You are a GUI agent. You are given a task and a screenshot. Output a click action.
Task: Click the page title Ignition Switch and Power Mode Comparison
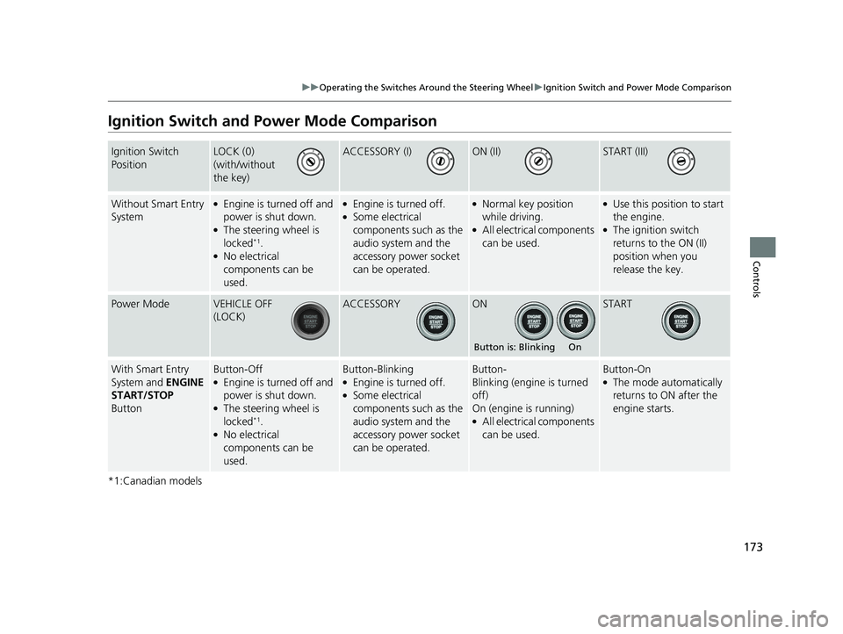point(271,121)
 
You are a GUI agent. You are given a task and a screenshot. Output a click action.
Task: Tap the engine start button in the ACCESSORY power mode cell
point(434,321)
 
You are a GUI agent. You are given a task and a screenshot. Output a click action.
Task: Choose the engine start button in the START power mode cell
point(681,321)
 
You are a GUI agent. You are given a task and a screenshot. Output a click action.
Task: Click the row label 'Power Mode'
point(140,304)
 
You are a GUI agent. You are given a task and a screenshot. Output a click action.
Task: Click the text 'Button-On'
point(626,370)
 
